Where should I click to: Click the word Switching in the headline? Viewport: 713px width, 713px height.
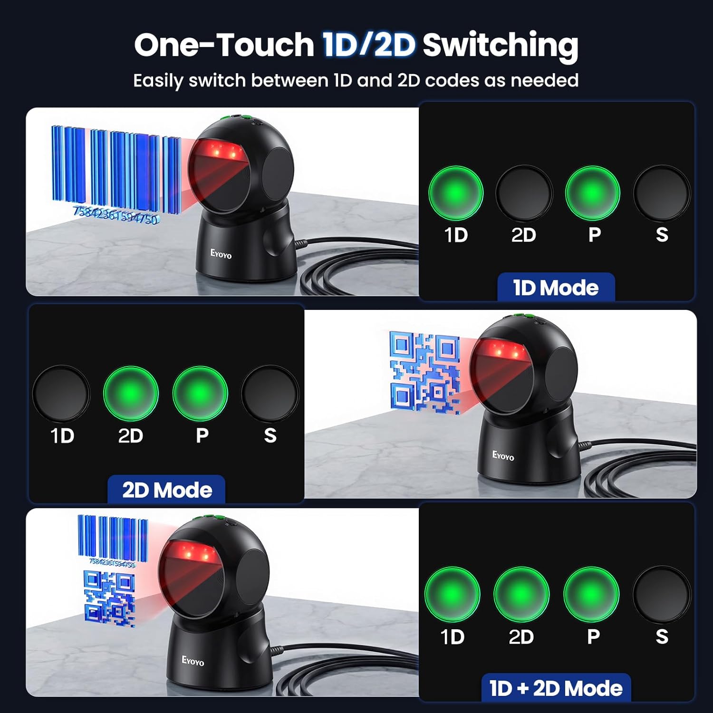pos(500,46)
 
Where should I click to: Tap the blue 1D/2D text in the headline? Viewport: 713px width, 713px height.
pos(369,45)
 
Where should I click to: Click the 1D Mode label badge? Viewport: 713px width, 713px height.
pos(556,287)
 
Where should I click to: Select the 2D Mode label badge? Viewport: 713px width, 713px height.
pos(166,490)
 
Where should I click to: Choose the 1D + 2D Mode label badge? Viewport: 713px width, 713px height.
pos(556,688)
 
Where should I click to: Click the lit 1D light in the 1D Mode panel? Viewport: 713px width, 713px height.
pos(456,193)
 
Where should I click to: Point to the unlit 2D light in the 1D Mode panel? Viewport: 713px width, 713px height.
pos(524,193)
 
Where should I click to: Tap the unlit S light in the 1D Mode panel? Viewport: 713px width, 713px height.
pos(661,193)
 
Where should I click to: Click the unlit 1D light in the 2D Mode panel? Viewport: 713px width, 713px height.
pos(61,393)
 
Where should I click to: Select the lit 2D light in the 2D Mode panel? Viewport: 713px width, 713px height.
pos(131,393)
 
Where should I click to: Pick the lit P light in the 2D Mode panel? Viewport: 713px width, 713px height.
pos(200,393)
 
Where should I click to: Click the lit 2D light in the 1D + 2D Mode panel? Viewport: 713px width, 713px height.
pos(521,594)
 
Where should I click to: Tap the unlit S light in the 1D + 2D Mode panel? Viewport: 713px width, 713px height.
pos(661,594)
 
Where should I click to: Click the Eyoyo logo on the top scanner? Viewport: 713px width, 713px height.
pos(221,254)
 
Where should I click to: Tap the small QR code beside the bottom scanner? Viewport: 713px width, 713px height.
pos(109,598)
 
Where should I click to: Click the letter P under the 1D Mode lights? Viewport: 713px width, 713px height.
pos(594,234)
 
